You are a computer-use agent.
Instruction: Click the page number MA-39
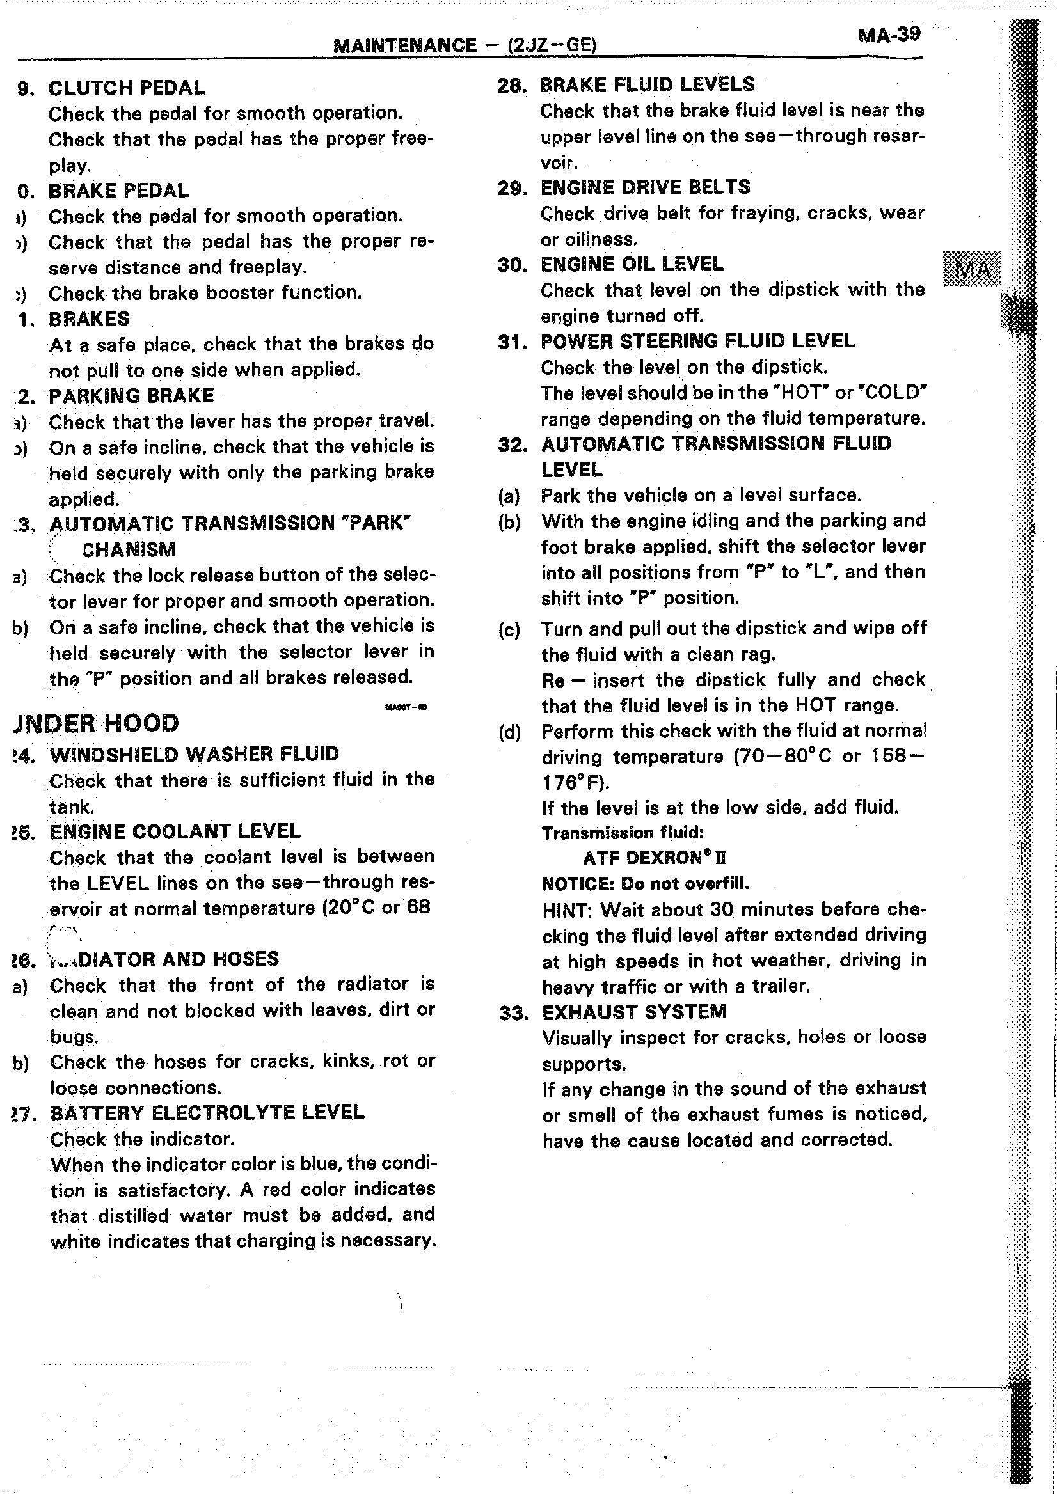[889, 34]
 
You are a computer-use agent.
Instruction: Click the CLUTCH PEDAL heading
[126, 88]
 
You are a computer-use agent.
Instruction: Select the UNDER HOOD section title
[97, 723]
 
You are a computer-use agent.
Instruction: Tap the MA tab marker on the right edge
[971, 268]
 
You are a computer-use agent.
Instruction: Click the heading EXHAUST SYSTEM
[634, 1012]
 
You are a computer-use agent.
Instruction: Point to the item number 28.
[511, 85]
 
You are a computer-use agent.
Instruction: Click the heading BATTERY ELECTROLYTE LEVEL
[207, 1112]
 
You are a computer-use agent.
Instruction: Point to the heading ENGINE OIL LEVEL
[632, 264]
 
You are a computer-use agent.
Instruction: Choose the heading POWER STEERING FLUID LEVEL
[697, 341]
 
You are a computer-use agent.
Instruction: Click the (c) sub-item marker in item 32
[509, 630]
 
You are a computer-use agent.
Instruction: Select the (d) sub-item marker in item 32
[509, 733]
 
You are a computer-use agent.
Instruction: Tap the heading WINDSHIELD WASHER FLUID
[194, 754]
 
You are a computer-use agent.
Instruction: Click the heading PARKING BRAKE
[131, 396]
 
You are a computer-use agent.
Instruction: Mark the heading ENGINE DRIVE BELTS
[645, 187]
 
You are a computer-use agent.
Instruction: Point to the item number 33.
[513, 1013]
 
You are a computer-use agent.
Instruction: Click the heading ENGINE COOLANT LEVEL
[175, 831]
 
